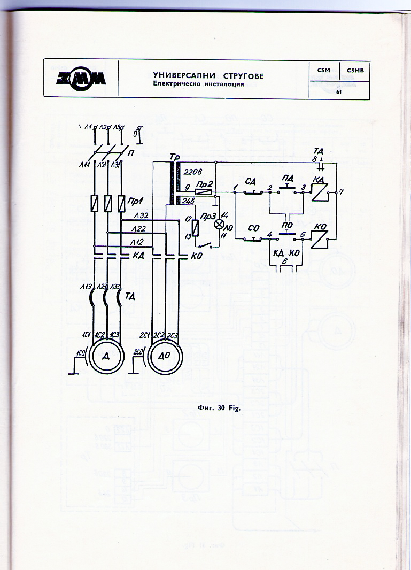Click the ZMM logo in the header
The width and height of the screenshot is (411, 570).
point(80,79)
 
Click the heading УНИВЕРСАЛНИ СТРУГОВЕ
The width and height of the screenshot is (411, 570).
point(208,76)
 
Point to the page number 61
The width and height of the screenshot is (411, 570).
point(339,92)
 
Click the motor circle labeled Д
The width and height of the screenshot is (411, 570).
point(106,357)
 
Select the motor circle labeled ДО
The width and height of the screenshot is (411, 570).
point(165,357)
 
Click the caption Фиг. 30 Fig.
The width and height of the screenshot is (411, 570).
point(220,409)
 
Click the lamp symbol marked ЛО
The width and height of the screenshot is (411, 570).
point(218,225)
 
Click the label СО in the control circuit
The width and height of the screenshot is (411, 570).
point(254,228)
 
